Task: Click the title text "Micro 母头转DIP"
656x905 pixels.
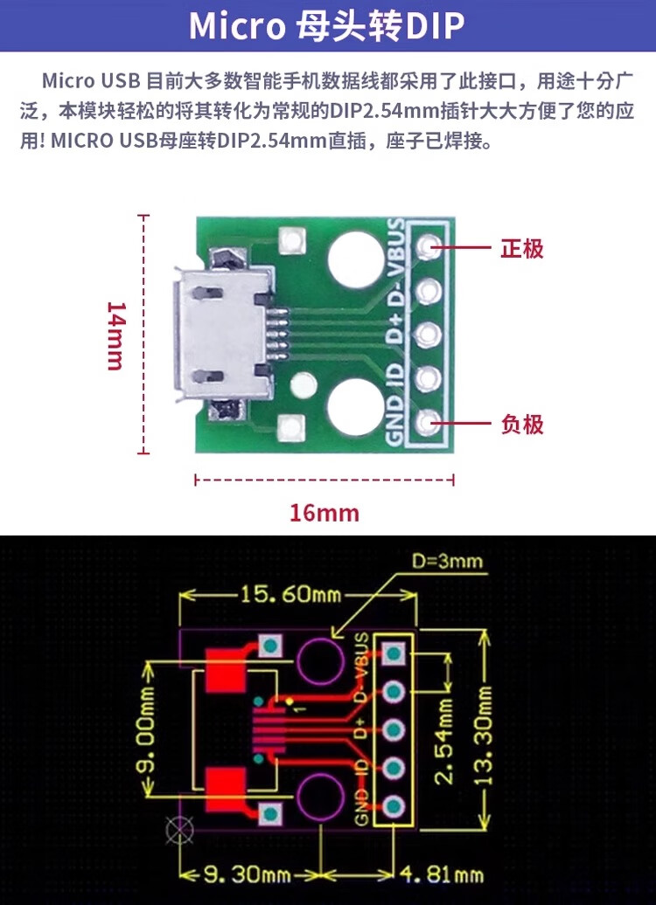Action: point(327,26)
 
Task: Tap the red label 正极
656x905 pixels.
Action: point(522,248)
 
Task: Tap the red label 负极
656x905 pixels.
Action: point(522,425)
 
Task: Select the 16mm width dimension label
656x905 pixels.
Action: point(325,513)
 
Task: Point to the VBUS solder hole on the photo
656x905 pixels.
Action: point(427,248)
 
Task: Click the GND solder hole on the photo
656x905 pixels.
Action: point(427,424)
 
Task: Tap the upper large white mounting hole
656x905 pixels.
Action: point(357,259)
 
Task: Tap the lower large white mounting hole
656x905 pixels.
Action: point(357,407)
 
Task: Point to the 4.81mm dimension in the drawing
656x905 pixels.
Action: point(441,873)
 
